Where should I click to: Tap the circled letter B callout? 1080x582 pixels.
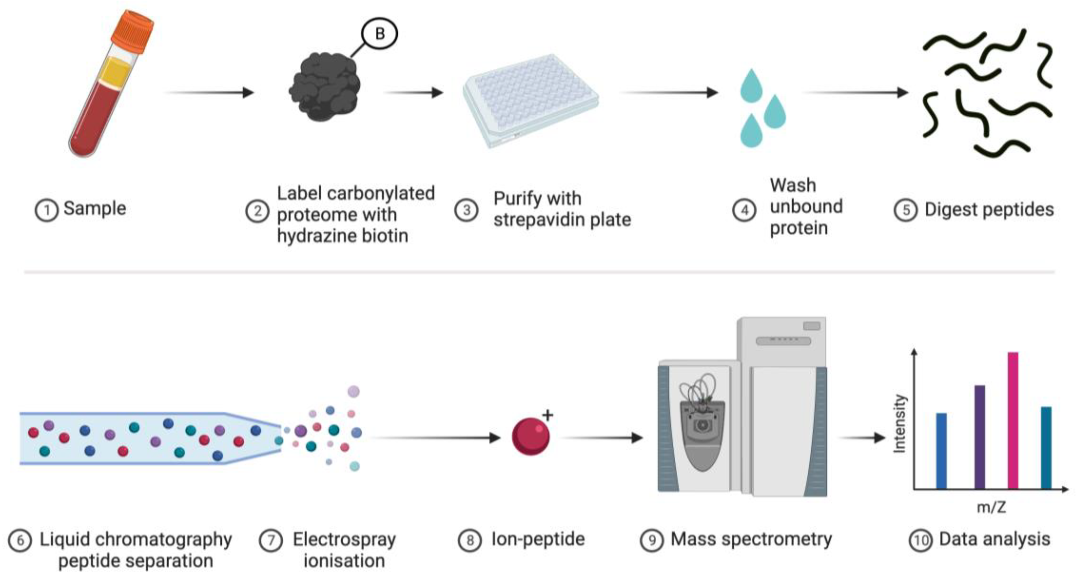coord(379,34)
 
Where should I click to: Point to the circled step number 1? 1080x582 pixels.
coord(46,210)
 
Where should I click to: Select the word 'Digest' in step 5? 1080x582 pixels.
coord(950,210)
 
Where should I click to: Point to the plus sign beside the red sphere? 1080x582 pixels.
coord(548,415)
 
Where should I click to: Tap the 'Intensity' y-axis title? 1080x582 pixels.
coord(900,423)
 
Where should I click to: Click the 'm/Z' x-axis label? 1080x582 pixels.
coord(991,507)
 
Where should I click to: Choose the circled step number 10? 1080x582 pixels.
coord(920,541)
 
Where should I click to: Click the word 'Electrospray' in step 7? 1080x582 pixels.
coord(344,539)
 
